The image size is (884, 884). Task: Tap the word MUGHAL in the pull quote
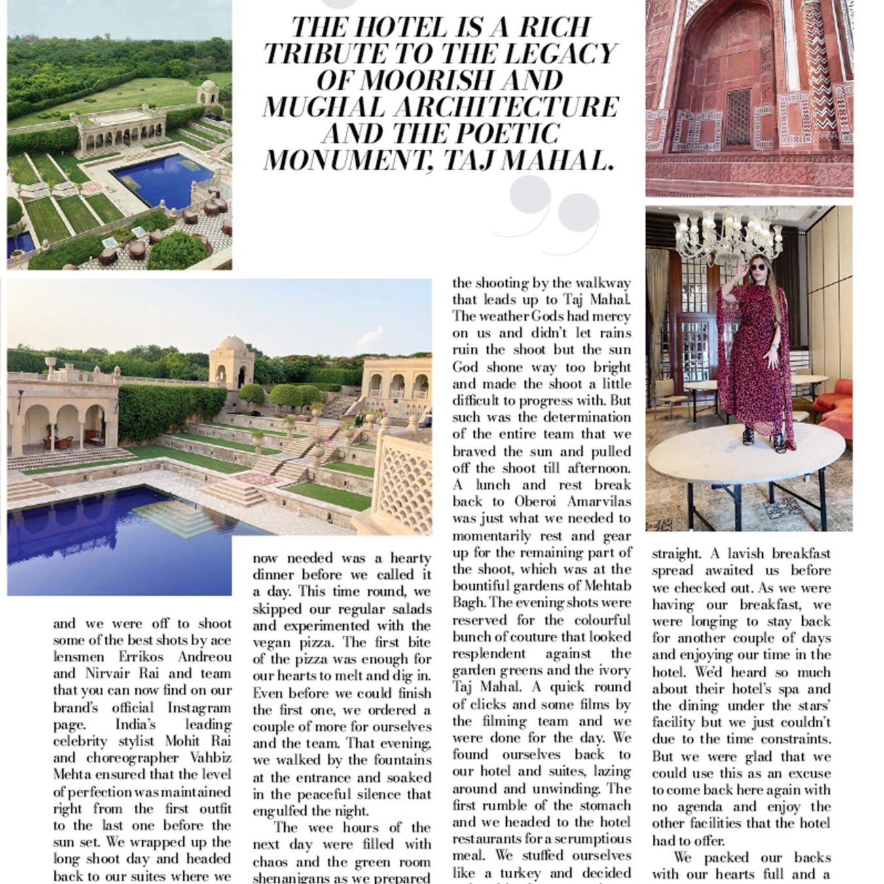[318, 107]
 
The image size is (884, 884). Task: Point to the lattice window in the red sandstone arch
[739, 117]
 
